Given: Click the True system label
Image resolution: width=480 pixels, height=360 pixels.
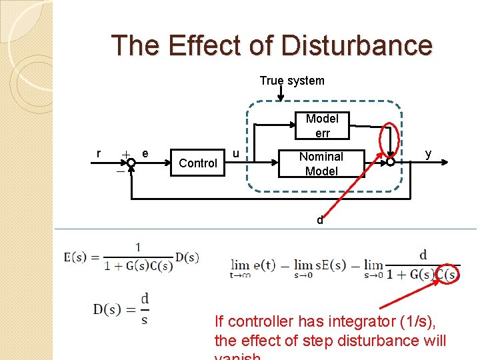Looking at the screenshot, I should click(291, 81).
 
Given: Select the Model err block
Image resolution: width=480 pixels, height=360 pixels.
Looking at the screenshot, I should click(322, 126).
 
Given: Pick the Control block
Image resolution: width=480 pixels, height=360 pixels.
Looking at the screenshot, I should click(198, 163).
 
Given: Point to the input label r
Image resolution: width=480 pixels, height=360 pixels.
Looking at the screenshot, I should click(99, 154).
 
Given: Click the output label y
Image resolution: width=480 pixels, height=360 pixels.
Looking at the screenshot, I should click(428, 154).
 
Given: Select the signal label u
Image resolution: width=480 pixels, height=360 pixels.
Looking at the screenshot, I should click(235, 153).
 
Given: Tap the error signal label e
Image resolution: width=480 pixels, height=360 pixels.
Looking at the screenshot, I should click(145, 154).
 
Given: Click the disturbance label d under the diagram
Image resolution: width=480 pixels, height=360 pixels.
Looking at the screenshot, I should click(320, 221).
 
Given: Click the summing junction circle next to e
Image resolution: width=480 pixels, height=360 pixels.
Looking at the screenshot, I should click(131, 162).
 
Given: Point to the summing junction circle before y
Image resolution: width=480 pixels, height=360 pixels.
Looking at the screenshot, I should click(390, 162).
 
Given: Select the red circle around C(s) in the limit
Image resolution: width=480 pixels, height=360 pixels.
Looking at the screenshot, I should click(449, 274).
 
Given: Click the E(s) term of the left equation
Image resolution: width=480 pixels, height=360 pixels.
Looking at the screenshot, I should click(77, 257).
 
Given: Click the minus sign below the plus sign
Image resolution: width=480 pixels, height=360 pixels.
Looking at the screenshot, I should click(120, 172).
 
